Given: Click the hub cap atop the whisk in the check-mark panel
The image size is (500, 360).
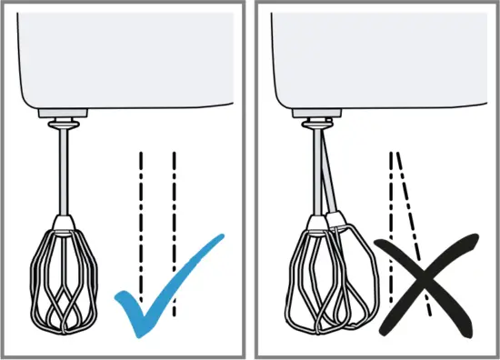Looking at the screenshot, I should [x=64, y=221].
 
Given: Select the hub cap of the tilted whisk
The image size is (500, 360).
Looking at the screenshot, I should [x=335, y=219].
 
